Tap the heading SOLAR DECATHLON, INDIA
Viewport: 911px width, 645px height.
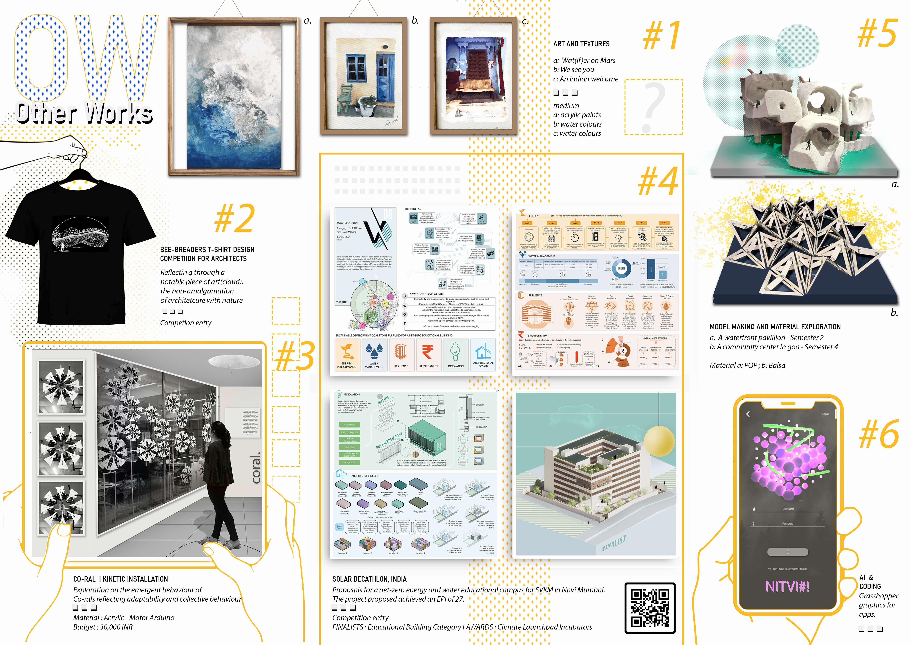click(369, 579)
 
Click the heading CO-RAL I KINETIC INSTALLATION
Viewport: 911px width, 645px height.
click(121, 579)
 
